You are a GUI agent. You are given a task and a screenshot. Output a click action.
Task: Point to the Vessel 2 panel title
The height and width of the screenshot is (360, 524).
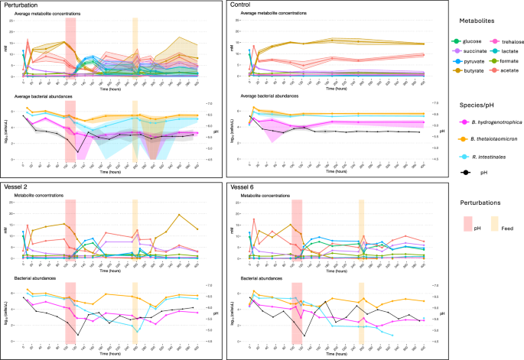(x=17, y=186)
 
